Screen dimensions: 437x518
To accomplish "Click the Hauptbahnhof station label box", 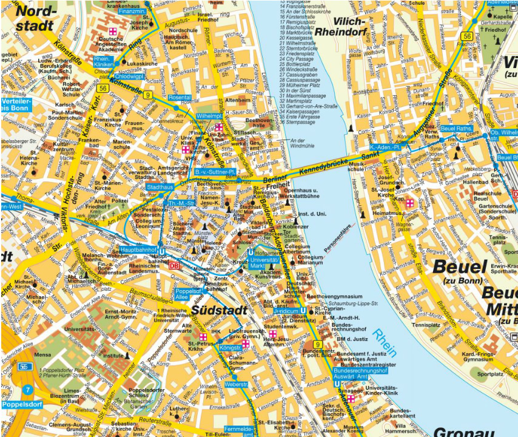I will pos(139,249).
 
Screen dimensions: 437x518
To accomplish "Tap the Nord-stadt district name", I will pos(36,19).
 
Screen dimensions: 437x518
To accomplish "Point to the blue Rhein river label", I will pos(385,343).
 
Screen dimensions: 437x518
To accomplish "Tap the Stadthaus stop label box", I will pos(160,188).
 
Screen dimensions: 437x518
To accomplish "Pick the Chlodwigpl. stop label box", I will pos(128,76).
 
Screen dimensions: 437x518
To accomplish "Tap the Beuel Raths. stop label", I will pos(456,129).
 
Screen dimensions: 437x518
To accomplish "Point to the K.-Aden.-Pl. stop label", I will pos(386,147).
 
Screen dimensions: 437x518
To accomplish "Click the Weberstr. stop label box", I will pos(236,384).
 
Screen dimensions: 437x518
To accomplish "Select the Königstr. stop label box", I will pos(230,348).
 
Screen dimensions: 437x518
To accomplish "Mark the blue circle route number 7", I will pos(27,389).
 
